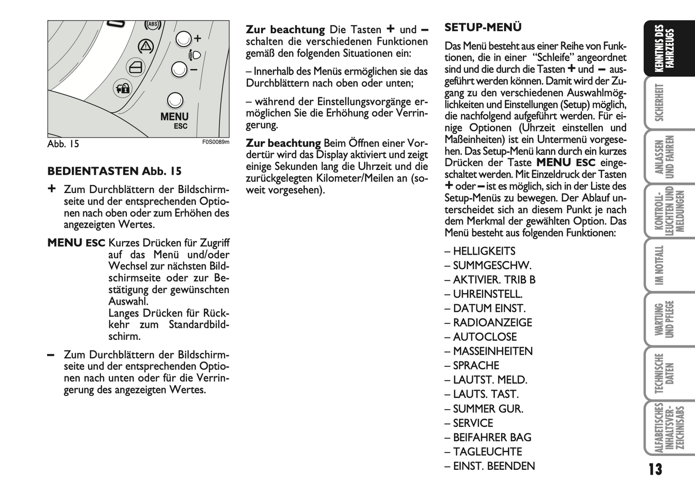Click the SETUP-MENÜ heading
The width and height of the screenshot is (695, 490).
tap(483, 27)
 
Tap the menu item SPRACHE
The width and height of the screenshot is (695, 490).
tap(476, 366)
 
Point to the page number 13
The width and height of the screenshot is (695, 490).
tap(655, 470)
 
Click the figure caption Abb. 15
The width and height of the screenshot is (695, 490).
tap(63, 144)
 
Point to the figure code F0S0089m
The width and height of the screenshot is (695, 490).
tap(215, 142)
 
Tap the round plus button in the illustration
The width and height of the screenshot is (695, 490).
tap(183, 39)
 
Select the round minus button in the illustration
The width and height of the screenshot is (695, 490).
tap(179, 70)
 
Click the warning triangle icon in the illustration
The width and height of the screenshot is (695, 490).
tap(145, 46)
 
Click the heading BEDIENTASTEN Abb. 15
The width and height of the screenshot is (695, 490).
tap(114, 171)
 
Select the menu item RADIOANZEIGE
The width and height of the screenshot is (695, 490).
tap(493, 323)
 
